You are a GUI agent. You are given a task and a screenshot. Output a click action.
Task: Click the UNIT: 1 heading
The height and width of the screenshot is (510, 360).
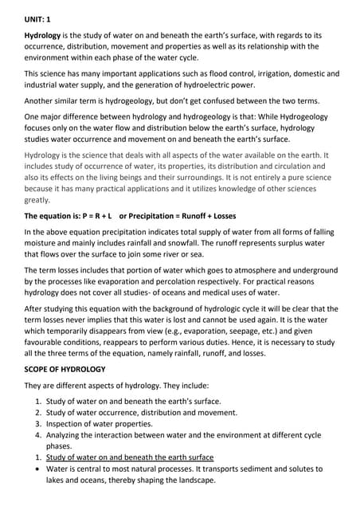coord(39,15)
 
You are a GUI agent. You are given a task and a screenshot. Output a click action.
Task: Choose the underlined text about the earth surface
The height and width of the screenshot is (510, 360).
coord(129,457)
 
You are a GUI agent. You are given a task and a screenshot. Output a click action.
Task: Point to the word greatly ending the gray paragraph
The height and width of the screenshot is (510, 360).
coord(38,201)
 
